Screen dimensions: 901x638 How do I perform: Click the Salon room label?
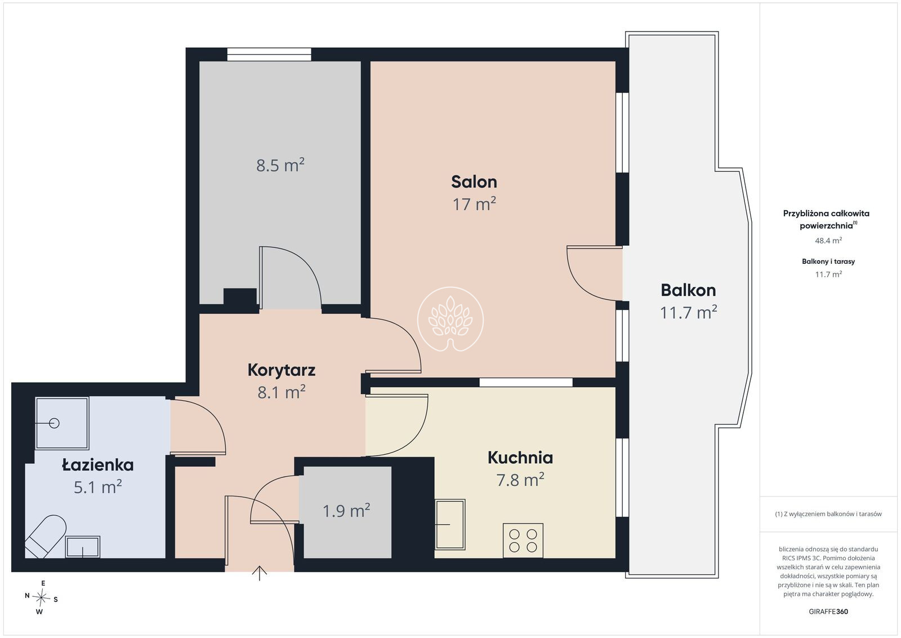(x=474, y=182)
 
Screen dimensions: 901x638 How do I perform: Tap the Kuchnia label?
(x=520, y=458)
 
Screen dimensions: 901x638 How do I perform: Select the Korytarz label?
(x=281, y=370)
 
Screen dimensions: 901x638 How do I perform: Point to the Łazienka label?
(x=98, y=465)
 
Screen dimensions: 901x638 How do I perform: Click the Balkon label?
(x=688, y=290)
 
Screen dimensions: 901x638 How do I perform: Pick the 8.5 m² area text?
(x=280, y=165)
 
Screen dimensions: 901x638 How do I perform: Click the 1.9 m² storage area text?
(x=346, y=511)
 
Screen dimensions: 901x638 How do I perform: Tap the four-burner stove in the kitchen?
(x=523, y=540)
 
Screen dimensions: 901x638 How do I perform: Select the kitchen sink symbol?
(x=450, y=525)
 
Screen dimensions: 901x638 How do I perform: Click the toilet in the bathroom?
(x=45, y=536)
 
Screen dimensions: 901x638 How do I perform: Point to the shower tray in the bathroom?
(x=62, y=423)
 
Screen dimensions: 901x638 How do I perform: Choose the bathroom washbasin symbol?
(x=82, y=547)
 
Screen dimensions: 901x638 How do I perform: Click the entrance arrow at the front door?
(x=260, y=573)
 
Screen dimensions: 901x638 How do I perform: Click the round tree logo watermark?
(x=450, y=319)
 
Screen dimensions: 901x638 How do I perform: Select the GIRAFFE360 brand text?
(x=828, y=612)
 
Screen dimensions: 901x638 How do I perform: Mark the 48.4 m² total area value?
(x=828, y=240)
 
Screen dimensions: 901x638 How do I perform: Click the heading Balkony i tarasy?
(x=828, y=262)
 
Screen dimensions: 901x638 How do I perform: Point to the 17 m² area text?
(x=474, y=204)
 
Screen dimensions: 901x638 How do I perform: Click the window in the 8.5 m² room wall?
(x=269, y=54)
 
